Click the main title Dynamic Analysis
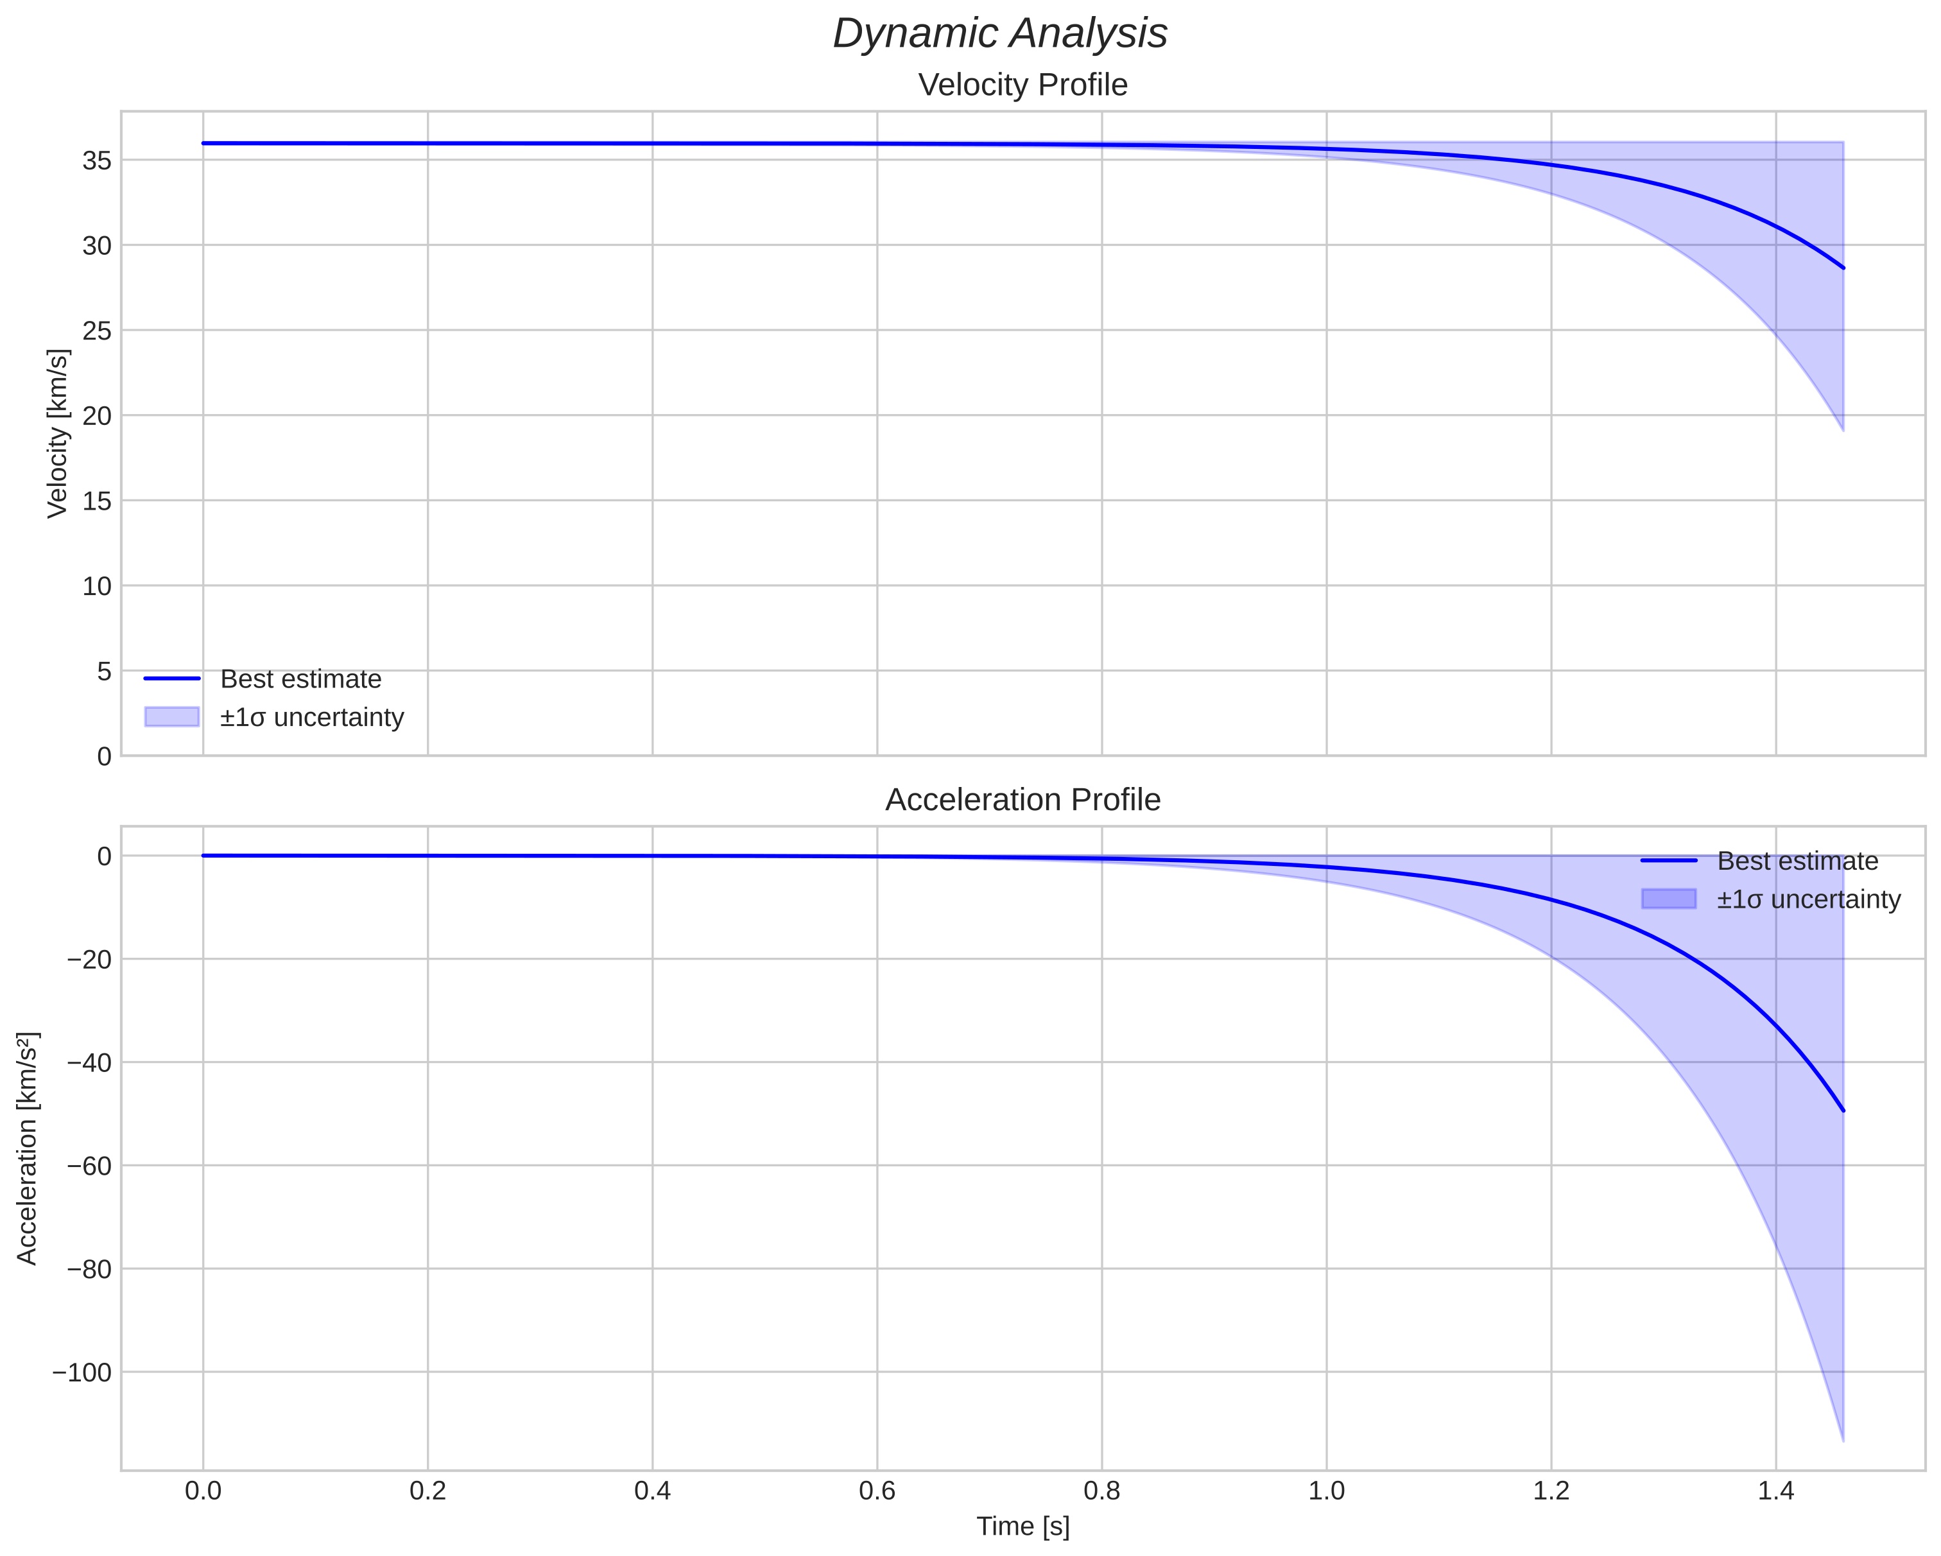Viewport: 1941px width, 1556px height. click(999, 34)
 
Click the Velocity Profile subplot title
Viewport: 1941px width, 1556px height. click(1022, 85)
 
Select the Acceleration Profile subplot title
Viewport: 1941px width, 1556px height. click(1022, 800)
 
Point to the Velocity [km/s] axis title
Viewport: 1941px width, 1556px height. click(58, 433)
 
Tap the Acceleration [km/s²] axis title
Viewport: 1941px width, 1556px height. click(28, 1148)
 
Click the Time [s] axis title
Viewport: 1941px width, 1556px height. click(1022, 1526)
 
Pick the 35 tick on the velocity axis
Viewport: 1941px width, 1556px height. click(96, 161)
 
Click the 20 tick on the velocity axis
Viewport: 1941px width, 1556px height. click(96, 416)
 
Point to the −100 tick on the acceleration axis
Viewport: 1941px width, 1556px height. click(82, 1373)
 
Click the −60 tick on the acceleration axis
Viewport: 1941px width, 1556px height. click(89, 1166)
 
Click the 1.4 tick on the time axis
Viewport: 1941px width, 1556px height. click(1775, 1491)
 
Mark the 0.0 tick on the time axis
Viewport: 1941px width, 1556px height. click(203, 1491)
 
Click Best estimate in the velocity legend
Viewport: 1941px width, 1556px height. click(300, 679)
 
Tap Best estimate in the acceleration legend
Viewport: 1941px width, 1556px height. click(1797, 861)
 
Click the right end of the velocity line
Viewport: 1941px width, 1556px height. click(1843, 268)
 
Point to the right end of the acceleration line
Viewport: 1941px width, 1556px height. click(1843, 1111)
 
